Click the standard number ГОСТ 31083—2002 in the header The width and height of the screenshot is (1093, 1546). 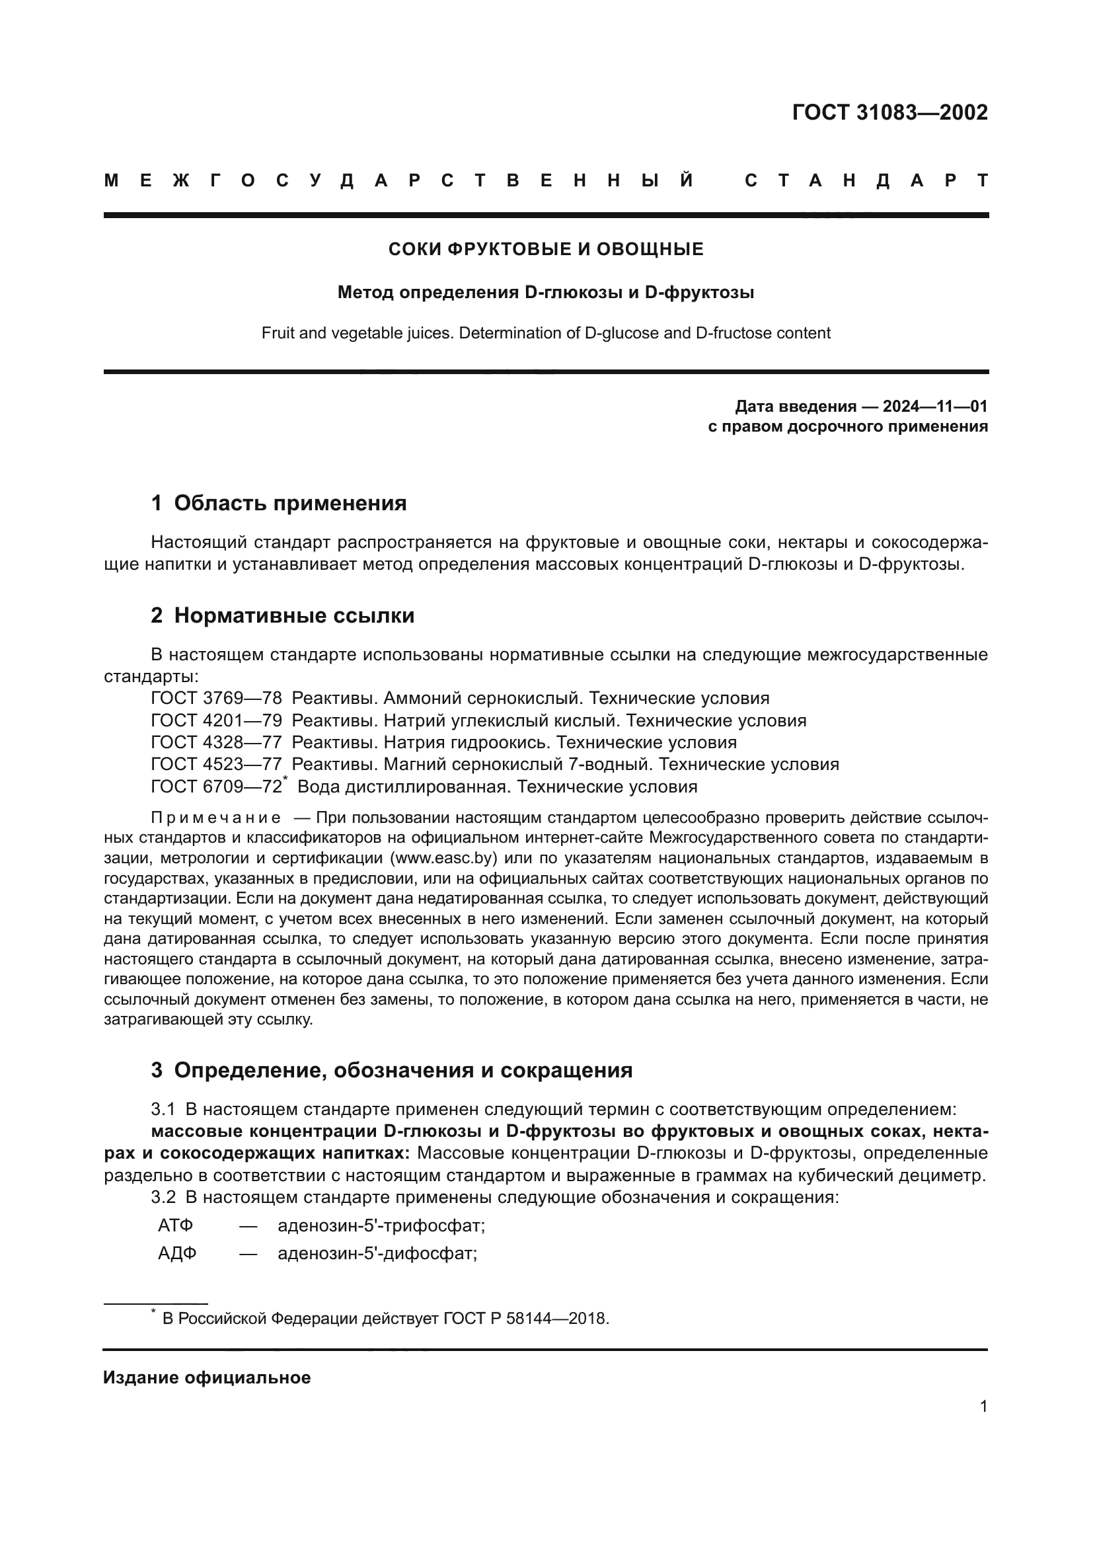coord(889,112)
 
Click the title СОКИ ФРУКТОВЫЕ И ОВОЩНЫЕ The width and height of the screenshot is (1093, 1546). coord(546,250)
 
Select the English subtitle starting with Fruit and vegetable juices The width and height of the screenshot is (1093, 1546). coord(546,333)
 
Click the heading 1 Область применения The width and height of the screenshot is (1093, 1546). coord(279,503)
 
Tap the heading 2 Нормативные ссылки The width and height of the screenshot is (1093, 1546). coord(283,615)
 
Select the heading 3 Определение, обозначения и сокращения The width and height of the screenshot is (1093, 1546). coord(392,1071)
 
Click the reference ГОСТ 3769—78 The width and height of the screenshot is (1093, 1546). coord(216,698)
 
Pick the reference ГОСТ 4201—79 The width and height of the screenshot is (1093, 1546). coord(216,720)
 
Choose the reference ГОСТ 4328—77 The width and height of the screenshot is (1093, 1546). coord(216,743)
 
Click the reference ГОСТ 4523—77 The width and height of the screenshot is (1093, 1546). coord(216,765)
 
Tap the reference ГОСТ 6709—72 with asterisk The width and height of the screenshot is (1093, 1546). coord(218,787)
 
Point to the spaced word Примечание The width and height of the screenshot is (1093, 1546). coord(215,818)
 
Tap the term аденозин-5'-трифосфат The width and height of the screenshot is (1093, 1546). coord(381,1225)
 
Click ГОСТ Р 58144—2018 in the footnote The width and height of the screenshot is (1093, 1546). coord(525,1319)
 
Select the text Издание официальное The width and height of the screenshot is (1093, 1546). coord(207,1377)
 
